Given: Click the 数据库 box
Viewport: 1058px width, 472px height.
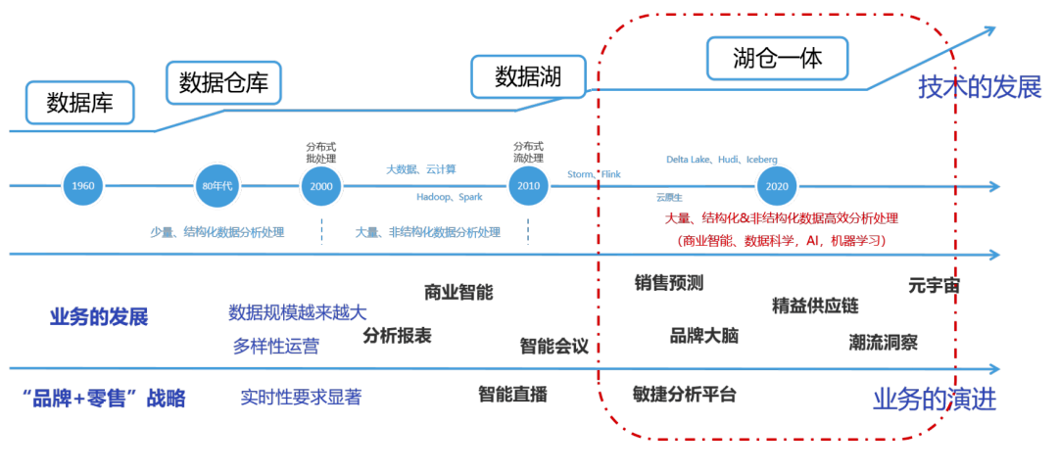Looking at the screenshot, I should [79, 102].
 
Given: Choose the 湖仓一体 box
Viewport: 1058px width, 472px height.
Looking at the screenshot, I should [778, 59].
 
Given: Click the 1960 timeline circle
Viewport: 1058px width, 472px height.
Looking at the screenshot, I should [82, 186].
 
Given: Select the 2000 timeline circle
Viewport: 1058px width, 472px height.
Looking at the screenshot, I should [321, 186].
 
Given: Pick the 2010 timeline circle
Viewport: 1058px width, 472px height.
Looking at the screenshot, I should [528, 186].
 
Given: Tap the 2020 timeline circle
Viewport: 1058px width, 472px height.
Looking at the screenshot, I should [777, 186].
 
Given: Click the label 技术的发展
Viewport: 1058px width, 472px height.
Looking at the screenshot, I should [979, 87].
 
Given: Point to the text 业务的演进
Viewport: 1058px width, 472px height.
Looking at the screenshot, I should [934, 400].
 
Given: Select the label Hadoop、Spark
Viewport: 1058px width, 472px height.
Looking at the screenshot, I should [448, 196].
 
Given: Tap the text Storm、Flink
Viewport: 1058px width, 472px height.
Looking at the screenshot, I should [594, 175].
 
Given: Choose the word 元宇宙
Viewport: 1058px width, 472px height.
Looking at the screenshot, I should [934, 286].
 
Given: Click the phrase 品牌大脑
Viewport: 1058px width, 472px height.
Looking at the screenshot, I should [703, 336].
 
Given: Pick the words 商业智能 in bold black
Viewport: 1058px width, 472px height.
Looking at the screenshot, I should [458, 292].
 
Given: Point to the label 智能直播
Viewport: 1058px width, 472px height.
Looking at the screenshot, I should [512, 395].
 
